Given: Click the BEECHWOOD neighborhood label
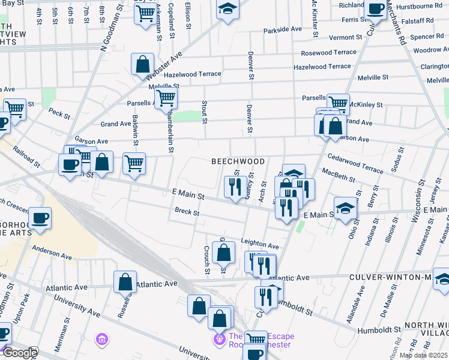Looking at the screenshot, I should [238, 161].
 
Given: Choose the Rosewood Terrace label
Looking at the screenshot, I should [328, 53].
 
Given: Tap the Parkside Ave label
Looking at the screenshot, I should [283, 29].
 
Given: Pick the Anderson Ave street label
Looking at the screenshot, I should [52, 249].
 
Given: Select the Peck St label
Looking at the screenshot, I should [59, 112].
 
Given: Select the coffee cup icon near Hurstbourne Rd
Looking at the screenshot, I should [375, 9].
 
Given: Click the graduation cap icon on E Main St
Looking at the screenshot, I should [345, 208].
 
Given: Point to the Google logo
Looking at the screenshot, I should [19, 353].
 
